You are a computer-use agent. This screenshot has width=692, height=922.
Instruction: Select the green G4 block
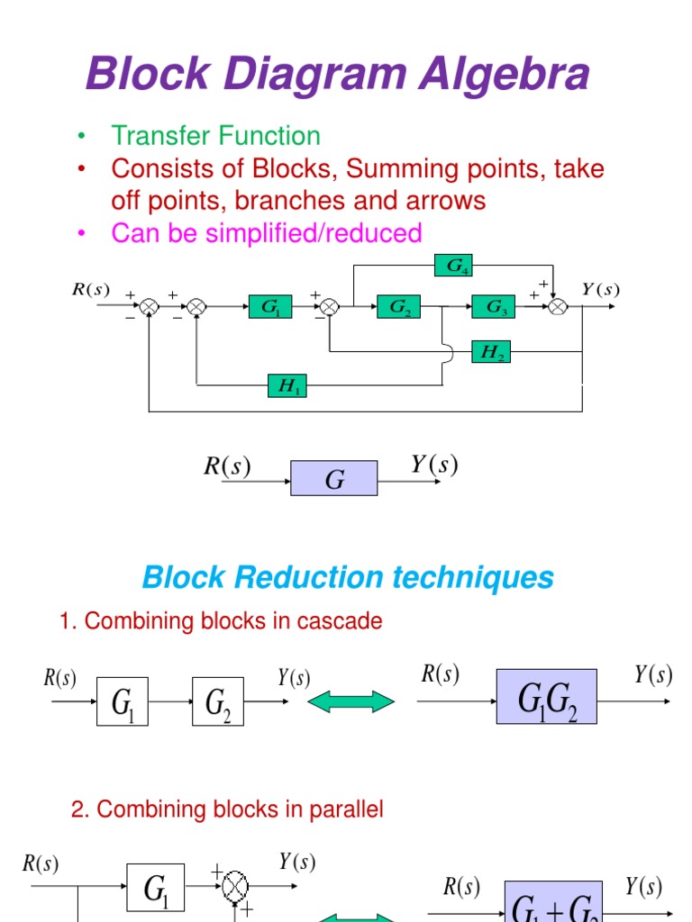click(x=452, y=266)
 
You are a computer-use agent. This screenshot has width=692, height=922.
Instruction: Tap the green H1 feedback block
click(x=286, y=387)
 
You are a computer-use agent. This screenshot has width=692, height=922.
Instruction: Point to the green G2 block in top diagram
click(x=399, y=307)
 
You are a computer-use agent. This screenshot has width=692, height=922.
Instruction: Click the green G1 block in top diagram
click(x=270, y=307)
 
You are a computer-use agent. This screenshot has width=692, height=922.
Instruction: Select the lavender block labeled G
click(x=333, y=479)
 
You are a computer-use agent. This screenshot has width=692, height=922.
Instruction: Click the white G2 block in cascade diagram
click(x=217, y=701)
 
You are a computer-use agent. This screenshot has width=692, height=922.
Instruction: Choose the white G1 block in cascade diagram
click(x=122, y=701)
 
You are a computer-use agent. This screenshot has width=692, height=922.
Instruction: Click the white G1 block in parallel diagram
click(x=155, y=889)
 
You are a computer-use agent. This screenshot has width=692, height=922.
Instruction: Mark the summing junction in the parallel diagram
click(x=235, y=886)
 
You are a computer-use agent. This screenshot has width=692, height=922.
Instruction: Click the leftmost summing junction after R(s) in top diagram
click(x=150, y=307)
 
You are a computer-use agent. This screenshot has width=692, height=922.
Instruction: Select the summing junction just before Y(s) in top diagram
click(x=559, y=307)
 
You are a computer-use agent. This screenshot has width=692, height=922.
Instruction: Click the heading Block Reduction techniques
click(x=348, y=577)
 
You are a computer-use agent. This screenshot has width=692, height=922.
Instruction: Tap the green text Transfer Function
click(x=215, y=136)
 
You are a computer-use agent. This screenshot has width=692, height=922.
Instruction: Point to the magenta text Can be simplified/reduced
click(x=266, y=233)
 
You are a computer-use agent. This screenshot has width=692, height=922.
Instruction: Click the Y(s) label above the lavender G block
click(x=433, y=465)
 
